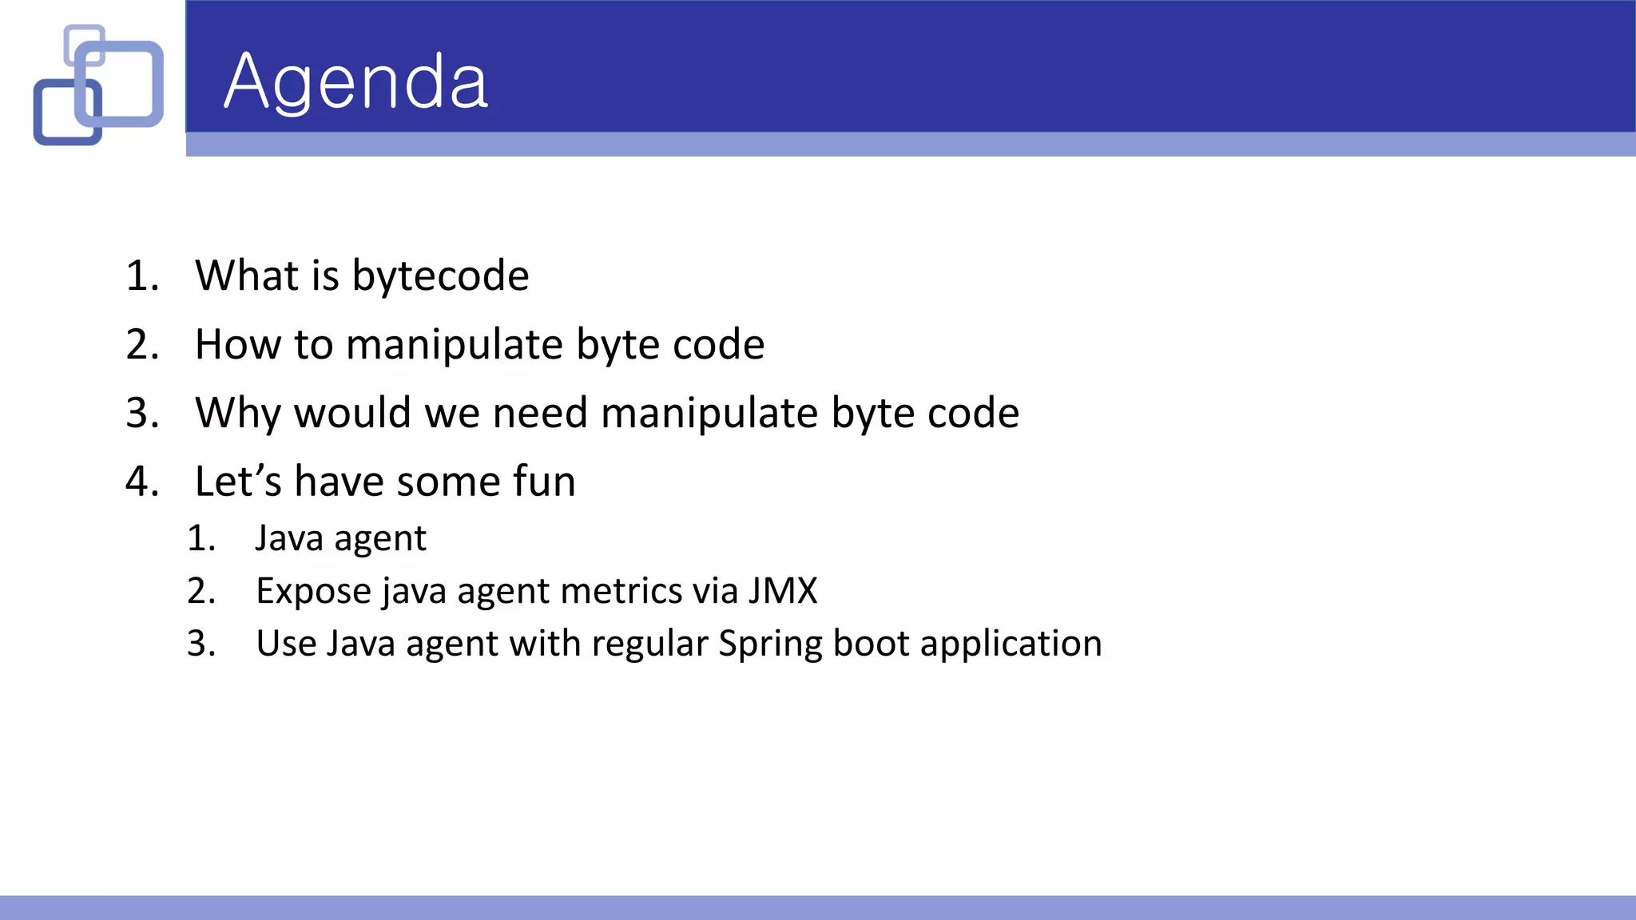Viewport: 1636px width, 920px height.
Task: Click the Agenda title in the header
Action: click(355, 82)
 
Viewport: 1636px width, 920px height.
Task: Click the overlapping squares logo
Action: click(98, 85)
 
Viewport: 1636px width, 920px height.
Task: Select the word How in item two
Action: click(237, 344)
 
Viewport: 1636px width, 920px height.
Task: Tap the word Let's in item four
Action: click(238, 482)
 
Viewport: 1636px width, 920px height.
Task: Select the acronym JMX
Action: click(783, 591)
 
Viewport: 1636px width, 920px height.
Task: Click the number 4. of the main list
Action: click(142, 482)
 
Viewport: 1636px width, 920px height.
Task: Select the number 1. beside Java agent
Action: click(201, 538)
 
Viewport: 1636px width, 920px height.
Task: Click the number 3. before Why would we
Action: click(142, 413)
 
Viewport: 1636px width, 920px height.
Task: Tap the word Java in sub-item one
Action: click(289, 538)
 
